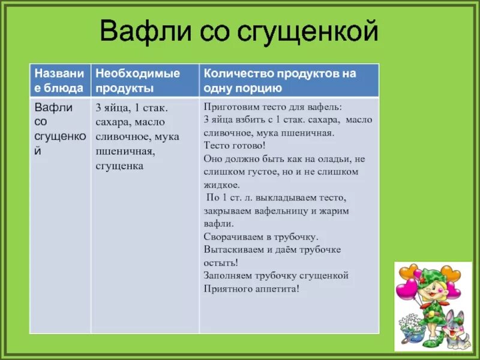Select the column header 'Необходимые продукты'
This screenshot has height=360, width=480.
138,80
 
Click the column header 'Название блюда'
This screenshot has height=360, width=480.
59,80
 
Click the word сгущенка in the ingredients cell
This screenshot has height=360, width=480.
119,166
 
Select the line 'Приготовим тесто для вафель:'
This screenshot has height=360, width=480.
273,107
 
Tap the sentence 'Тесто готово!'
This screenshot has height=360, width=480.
235,146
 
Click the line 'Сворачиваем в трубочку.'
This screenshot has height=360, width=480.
261,236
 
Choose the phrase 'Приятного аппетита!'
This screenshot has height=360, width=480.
251,289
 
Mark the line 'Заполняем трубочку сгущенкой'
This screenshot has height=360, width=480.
276,276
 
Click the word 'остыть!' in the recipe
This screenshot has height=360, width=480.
221,263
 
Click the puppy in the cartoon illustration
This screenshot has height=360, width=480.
455,327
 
